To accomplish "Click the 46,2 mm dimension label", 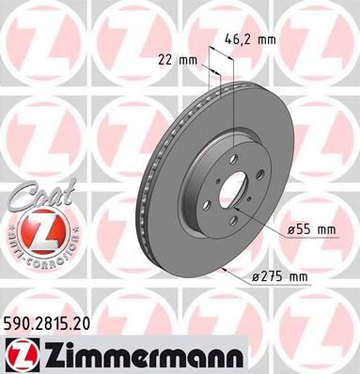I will pos(252,40).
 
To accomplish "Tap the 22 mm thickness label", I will pos(179,61).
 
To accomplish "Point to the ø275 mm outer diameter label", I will pos(280,275).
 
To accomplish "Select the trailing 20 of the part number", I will pos(86,321).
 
